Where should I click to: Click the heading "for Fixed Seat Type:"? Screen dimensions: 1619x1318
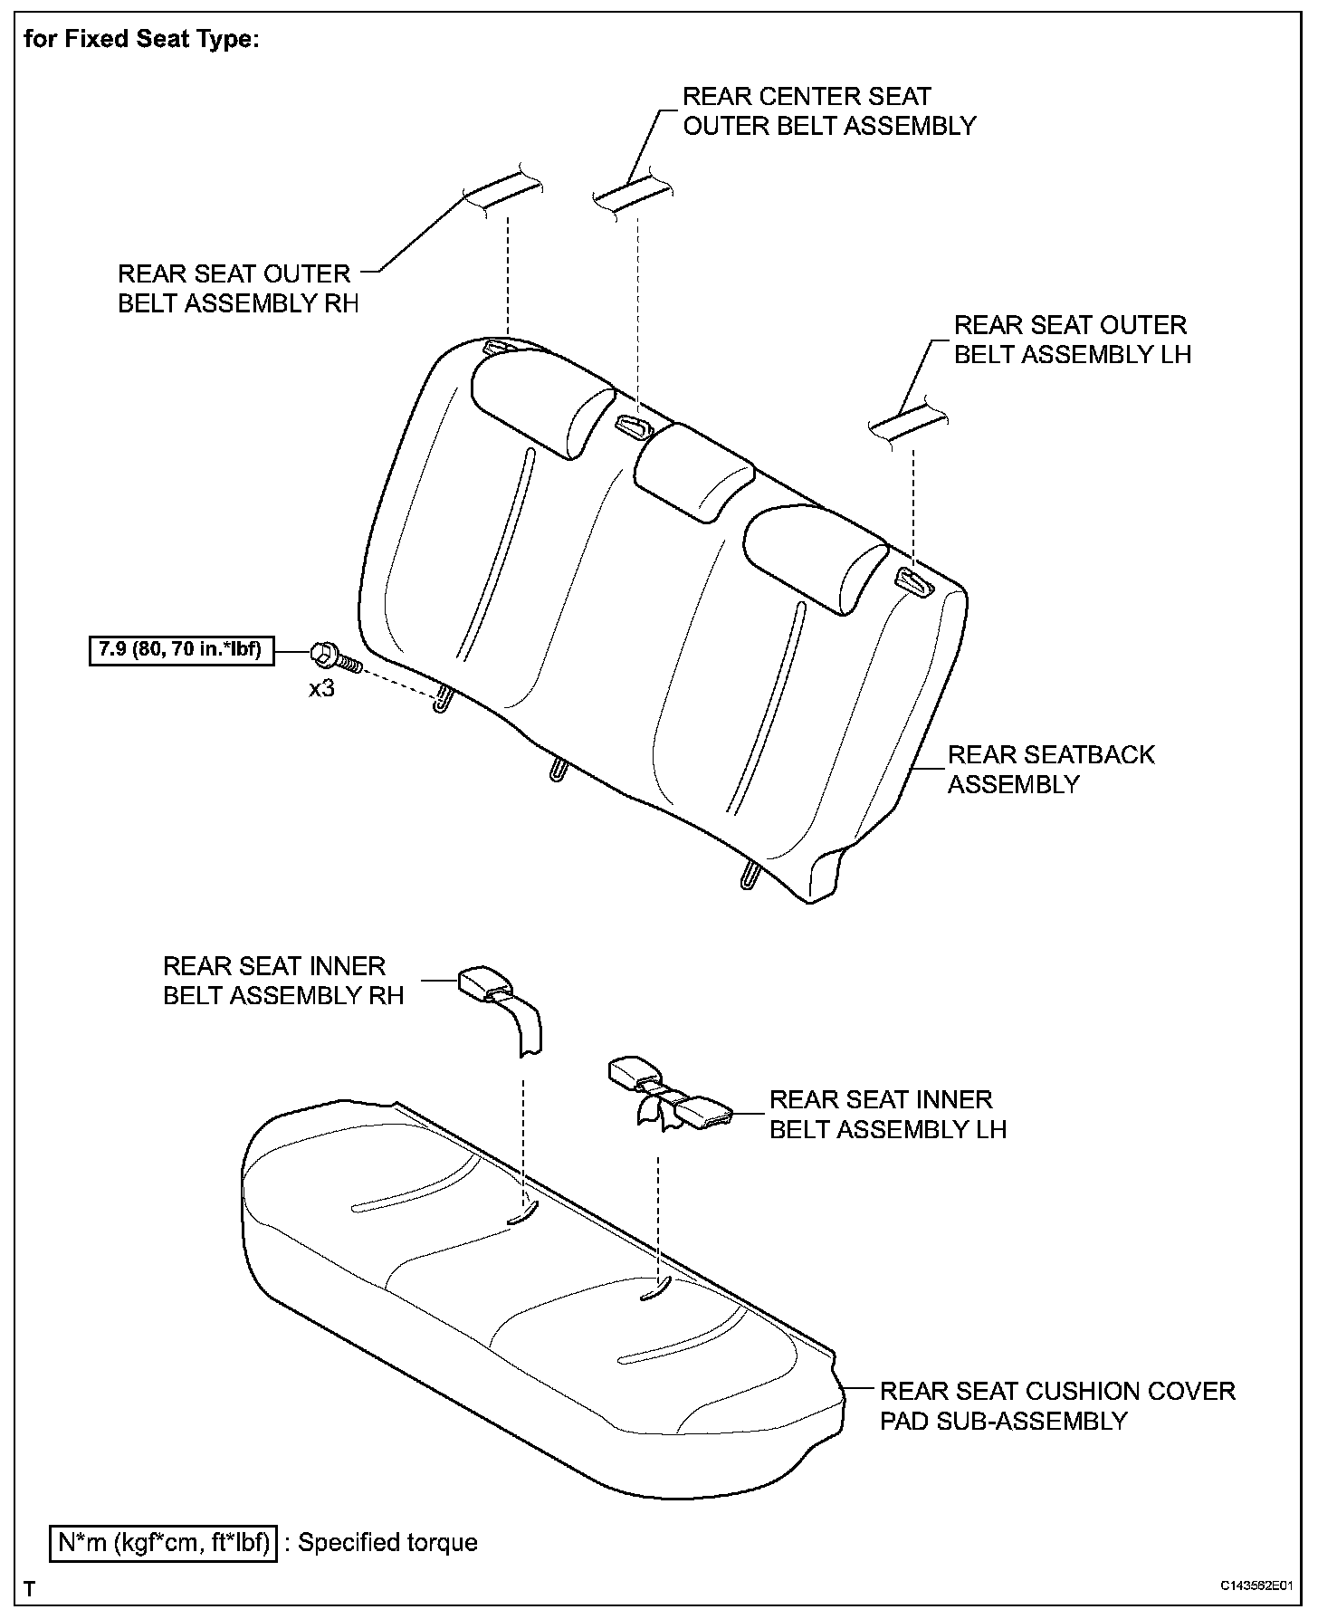coord(141,40)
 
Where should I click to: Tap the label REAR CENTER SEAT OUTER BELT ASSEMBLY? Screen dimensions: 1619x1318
coord(828,111)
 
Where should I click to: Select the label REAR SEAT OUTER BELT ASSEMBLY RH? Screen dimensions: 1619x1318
coord(237,288)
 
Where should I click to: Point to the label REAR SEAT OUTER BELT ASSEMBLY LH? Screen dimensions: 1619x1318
coord(1072,340)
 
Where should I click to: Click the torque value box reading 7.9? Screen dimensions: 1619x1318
coord(181,651)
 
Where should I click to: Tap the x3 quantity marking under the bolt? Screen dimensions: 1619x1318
coord(321,689)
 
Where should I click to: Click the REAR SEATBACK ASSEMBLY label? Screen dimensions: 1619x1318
coord(1050,769)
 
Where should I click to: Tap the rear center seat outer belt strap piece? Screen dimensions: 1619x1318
coord(632,194)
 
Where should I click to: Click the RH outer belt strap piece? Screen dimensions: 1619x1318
coord(503,192)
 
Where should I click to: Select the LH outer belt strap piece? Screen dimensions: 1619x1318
coord(908,421)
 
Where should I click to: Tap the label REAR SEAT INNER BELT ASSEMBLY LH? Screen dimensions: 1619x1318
coord(887,1115)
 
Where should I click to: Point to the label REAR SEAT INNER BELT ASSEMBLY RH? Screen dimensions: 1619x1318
coord(282,981)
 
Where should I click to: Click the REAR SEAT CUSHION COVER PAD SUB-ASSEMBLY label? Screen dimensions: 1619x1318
coord(1056,1405)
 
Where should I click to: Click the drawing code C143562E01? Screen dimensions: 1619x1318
coord(1254,1586)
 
